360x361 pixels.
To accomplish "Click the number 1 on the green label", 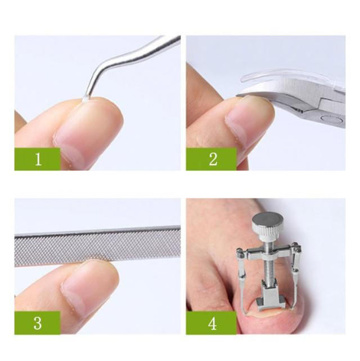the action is (38, 159).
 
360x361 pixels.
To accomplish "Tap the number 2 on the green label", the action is (213, 159).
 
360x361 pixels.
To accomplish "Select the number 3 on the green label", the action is (38, 323).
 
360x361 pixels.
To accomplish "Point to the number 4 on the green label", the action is (213, 323).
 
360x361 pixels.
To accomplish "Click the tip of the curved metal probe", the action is (84, 100).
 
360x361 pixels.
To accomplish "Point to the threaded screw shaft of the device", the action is (267, 265).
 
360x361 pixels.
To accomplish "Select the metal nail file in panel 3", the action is (97, 246).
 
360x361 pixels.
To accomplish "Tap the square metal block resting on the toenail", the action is (271, 300).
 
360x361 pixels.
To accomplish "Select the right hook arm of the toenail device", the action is (295, 276).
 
